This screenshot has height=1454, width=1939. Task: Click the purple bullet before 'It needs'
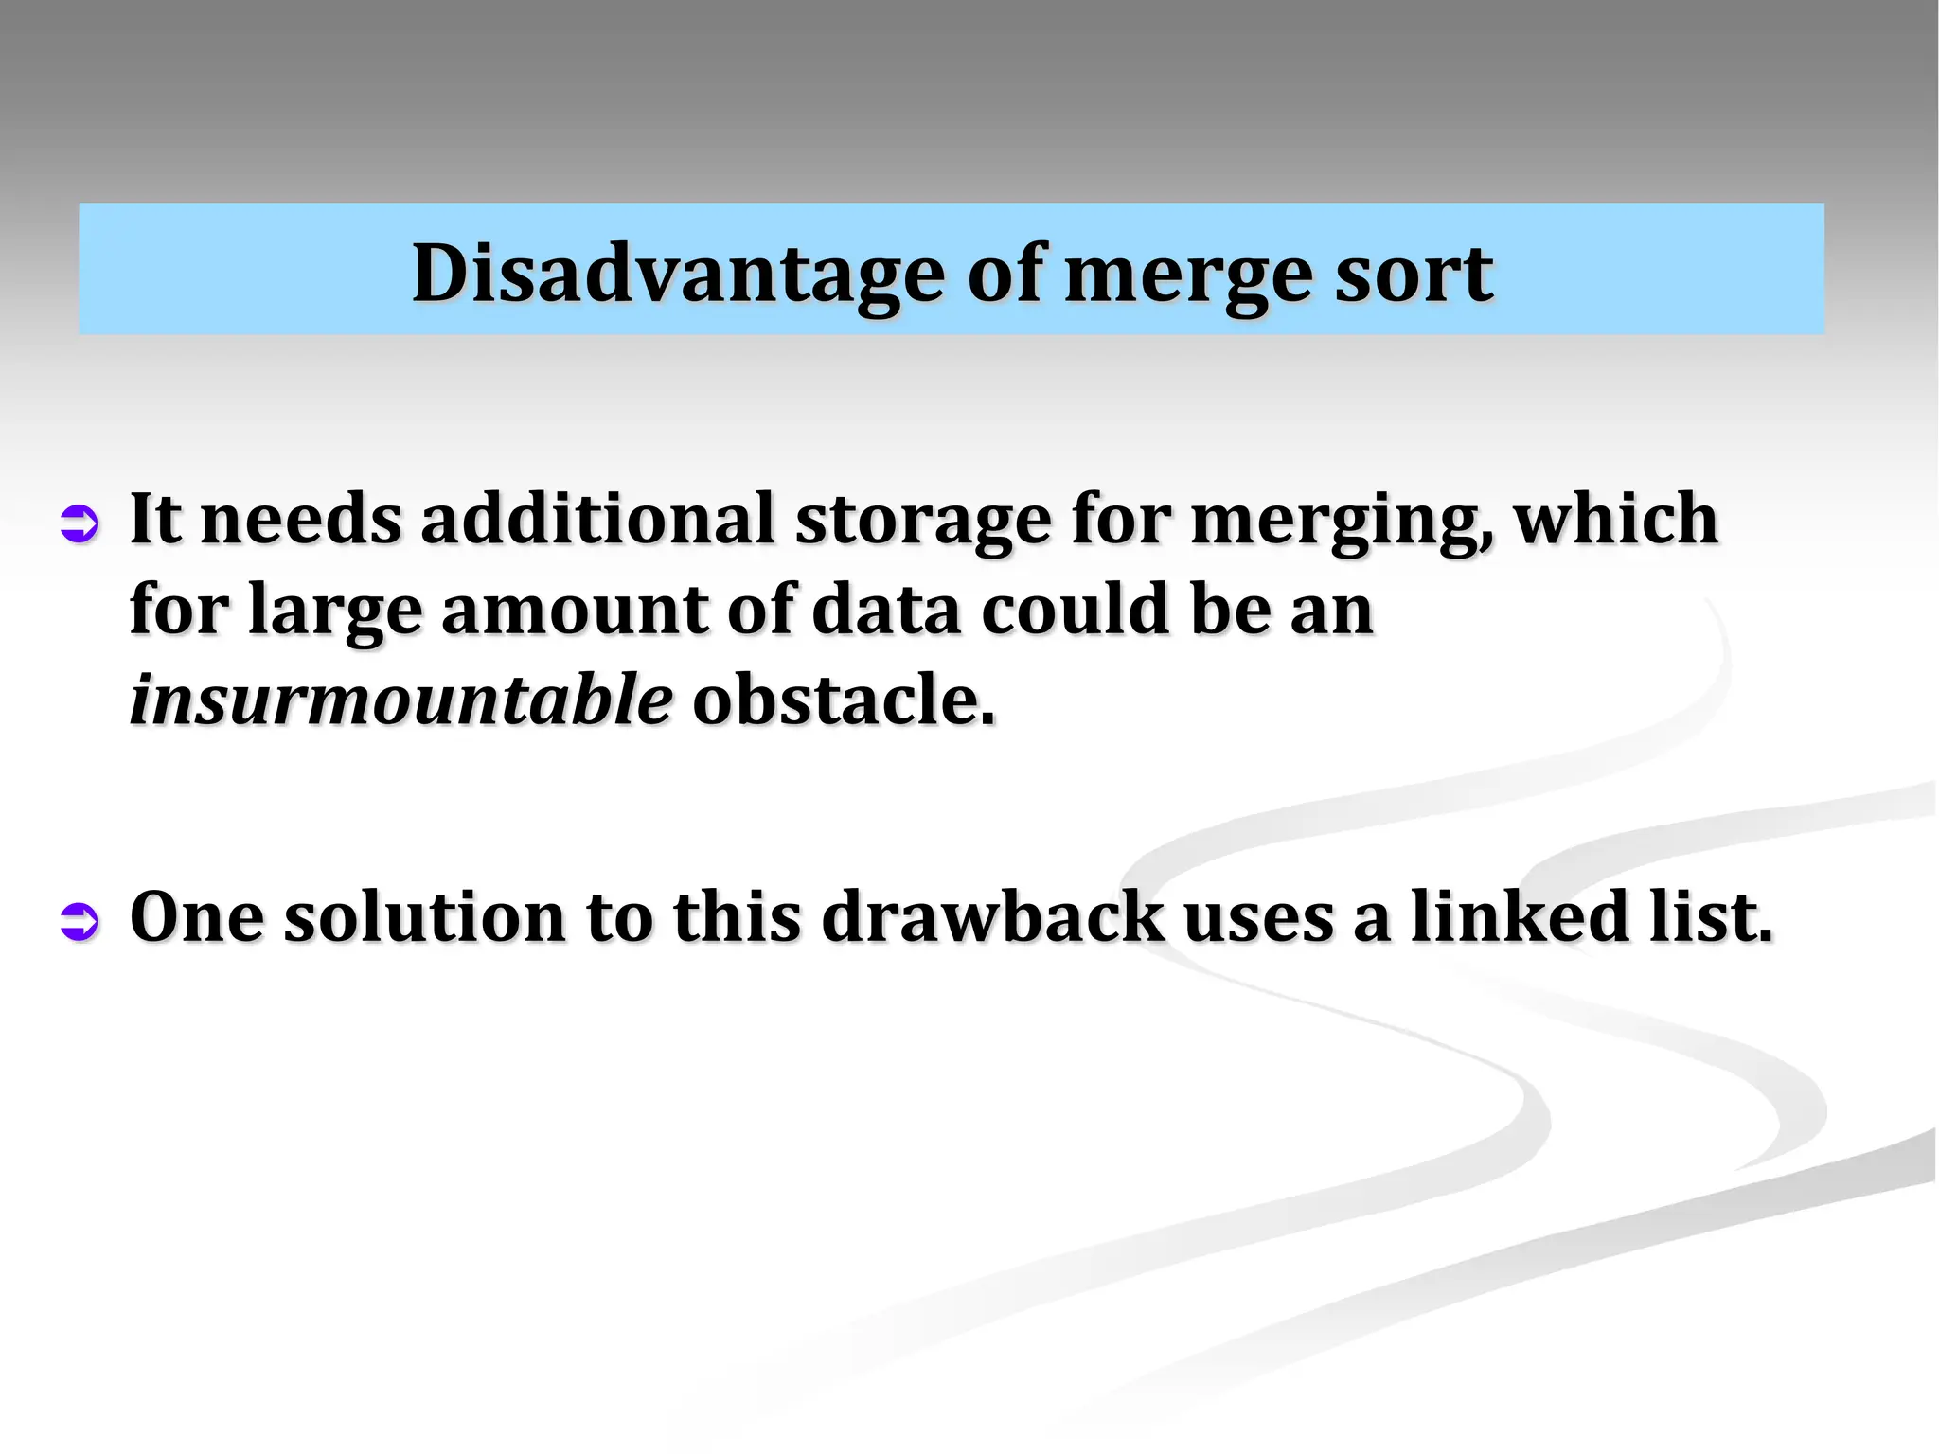79,523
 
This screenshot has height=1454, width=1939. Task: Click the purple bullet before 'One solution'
79,921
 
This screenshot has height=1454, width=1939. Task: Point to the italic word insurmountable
401,700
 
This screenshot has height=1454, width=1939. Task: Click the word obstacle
844,700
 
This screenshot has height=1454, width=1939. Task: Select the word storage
922,521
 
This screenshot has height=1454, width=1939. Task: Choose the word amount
574,611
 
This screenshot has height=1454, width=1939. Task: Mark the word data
886,611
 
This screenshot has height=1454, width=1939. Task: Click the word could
1075,610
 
